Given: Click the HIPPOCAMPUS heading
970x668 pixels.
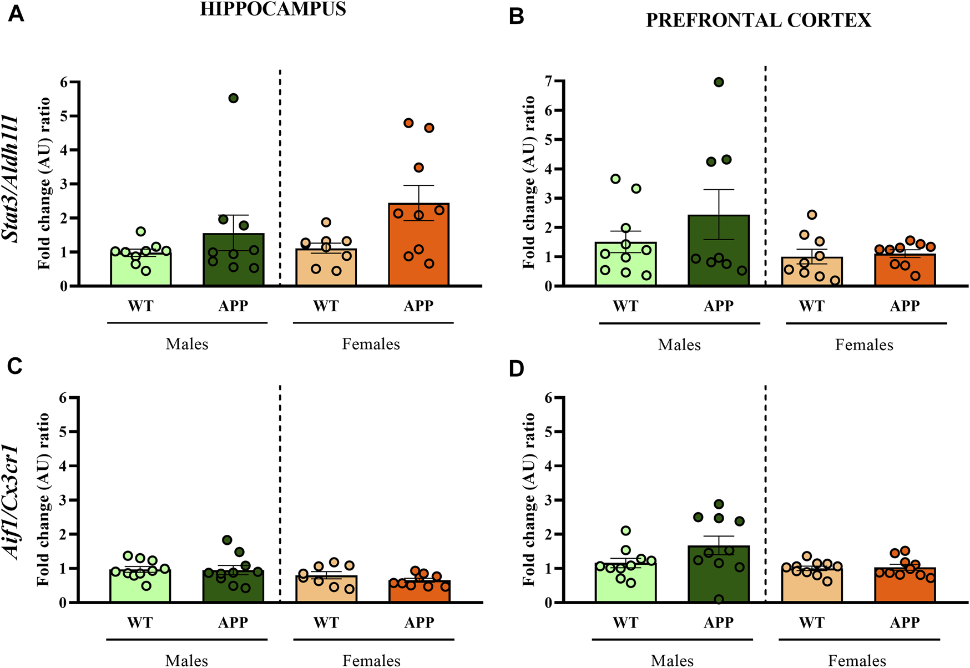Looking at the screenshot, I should [272, 9].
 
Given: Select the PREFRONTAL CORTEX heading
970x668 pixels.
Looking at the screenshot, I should [758, 21].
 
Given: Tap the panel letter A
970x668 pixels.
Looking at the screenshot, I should [16, 14].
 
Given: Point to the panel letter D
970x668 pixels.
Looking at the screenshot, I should [516, 369].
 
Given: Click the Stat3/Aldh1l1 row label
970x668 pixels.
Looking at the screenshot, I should [12, 179].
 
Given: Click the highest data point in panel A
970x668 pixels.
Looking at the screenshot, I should [234, 98].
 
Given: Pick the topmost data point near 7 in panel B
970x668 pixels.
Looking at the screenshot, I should [719, 82].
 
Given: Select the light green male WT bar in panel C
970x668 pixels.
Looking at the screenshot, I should [140, 587].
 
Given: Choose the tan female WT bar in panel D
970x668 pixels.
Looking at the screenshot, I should [812, 587].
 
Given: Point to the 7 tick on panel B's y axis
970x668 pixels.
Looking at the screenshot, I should [549, 81].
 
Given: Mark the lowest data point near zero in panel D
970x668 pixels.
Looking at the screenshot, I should [719, 599].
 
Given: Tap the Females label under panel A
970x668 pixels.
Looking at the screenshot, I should [371, 344].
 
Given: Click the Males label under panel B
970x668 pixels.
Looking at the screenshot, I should [679, 345].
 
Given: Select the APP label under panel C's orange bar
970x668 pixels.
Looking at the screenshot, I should [419, 623].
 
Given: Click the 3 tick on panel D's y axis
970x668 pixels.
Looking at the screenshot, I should [549, 500].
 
